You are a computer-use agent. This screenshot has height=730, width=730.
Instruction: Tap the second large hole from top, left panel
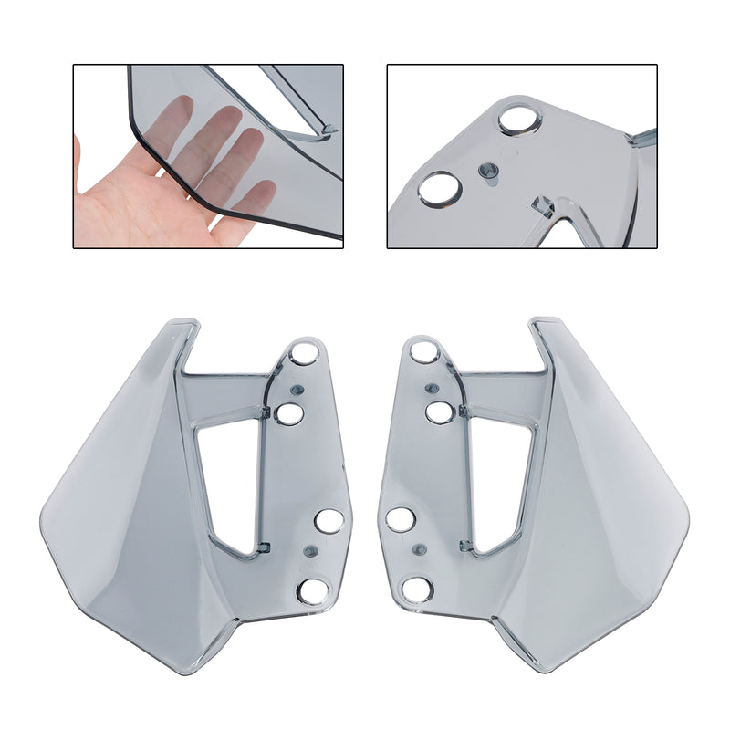point(290,414)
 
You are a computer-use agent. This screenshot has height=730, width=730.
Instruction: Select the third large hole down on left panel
point(329,521)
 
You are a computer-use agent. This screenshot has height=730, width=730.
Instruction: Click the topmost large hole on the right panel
point(423,351)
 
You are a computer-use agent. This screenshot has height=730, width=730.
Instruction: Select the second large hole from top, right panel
point(439,413)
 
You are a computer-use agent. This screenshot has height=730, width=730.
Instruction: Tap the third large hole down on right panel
point(400,520)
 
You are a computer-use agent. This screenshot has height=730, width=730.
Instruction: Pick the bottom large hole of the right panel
point(416,589)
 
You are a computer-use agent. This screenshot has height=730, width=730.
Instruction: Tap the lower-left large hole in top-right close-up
point(441,188)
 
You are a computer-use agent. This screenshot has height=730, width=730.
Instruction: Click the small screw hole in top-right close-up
point(490,170)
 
